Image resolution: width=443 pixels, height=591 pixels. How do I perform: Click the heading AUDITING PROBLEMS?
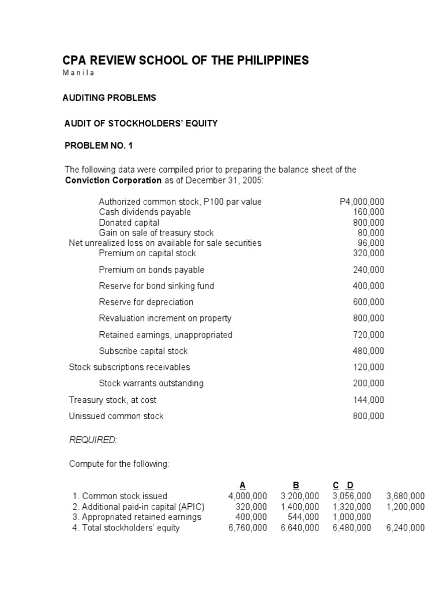point(109,98)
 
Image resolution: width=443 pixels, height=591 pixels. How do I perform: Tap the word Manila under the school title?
point(78,73)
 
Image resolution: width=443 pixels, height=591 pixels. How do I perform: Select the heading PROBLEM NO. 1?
point(99,146)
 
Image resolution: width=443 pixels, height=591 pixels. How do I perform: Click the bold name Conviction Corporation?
point(113,180)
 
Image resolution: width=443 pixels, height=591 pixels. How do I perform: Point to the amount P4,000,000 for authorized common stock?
point(362,201)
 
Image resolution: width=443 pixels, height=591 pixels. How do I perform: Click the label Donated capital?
point(129,223)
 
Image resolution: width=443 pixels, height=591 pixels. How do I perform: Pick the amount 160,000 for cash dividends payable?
point(369,212)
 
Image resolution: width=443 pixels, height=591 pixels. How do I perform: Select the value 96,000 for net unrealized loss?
point(371,243)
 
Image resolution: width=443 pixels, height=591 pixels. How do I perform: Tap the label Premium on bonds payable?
point(151,270)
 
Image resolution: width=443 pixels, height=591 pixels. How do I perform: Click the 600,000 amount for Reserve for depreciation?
point(369,302)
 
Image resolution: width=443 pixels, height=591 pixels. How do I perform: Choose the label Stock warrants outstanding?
point(151,383)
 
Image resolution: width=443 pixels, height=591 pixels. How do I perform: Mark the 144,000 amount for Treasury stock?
point(369,399)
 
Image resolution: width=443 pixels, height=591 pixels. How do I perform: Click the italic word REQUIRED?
point(93,440)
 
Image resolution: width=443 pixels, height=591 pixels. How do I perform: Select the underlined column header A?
point(243,485)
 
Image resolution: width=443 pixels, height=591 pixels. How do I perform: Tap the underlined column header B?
point(296,485)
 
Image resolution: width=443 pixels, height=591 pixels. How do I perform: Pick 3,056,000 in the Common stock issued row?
point(352,496)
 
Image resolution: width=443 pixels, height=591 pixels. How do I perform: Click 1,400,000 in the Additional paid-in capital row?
point(299,507)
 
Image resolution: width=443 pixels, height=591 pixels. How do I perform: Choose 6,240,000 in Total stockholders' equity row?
point(406,528)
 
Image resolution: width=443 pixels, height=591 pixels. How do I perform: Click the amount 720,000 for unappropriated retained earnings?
point(369,335)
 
